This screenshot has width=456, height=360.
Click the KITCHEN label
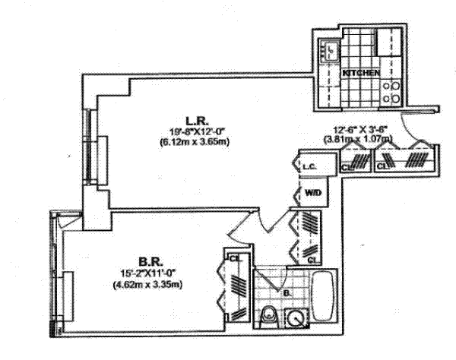tap(361, 72)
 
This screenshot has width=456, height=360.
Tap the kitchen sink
tap(331, 50)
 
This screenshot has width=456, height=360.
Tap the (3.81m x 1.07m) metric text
tap(363, 139)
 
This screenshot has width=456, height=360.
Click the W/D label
tap(312, 193)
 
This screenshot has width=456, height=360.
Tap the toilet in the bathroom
tap(268, 317)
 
